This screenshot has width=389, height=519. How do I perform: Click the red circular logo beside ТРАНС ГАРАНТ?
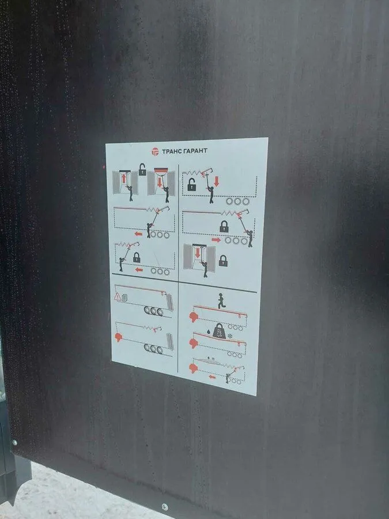155,152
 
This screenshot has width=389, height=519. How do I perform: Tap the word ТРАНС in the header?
172,152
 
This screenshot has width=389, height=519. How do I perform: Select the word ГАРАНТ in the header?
195,151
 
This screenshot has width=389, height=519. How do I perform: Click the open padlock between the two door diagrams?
142,169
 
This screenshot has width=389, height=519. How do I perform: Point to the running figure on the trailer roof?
221,300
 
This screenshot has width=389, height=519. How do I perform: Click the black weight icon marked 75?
220,330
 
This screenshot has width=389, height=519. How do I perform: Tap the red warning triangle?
118,296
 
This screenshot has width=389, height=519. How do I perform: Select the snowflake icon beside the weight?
230,336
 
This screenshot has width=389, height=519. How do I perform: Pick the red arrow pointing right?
216,240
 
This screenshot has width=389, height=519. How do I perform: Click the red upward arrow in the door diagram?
124,178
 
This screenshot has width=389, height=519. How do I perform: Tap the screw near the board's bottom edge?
164,507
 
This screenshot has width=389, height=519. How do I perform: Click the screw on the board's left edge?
14,442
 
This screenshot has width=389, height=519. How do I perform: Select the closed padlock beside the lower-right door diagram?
223,261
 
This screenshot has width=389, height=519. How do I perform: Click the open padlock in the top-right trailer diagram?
191,185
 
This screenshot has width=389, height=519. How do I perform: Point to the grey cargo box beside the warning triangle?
124,298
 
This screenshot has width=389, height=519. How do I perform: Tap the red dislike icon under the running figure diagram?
194,317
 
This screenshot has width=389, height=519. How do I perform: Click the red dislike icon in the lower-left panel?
119,337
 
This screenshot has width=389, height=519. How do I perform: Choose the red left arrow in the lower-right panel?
212,377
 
